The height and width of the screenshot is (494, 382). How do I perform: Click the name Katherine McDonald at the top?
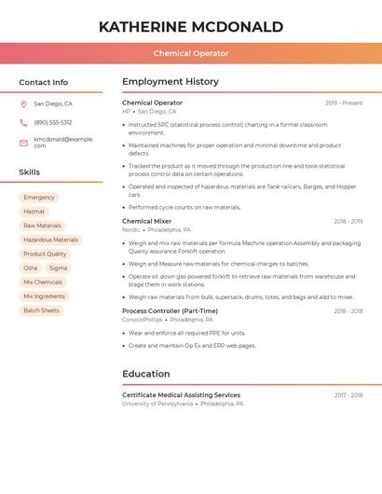tap(190, 26)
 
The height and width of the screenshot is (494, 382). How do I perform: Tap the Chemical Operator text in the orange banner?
tap(190, 53)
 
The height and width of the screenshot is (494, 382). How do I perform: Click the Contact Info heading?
tap(43, 82)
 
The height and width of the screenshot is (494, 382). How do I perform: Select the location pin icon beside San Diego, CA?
tap(23, 104)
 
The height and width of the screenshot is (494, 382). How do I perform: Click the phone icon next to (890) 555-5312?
tap(23, 122)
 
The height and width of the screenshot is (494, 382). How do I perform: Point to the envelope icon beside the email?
tap(23, 143)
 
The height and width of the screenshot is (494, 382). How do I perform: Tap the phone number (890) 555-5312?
tap(53, 122)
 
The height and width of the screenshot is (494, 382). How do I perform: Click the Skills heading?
tap(30, 172)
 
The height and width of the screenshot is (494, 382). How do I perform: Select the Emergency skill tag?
tap(39, 198)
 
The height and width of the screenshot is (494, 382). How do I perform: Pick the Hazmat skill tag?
tap(34, 212)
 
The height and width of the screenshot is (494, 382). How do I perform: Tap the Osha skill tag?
tap(31, 268)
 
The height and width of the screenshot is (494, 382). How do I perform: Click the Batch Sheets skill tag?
tap(41, 310)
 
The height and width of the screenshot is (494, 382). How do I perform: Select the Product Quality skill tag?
tap(45, 254)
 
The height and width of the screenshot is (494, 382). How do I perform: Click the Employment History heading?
tap(171, 82)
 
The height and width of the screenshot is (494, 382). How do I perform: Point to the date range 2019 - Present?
tap(344, 103)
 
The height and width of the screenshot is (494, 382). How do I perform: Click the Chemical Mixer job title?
tap(146, 221)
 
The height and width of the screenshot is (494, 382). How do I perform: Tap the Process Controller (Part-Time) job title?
tap(170, 310)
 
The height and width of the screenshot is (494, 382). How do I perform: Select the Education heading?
tap(146, 374)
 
